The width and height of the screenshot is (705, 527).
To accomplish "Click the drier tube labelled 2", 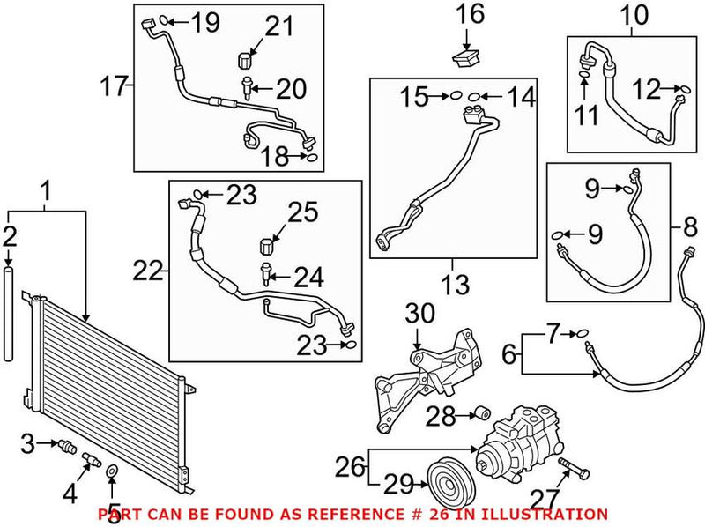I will [x=11, y=317].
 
